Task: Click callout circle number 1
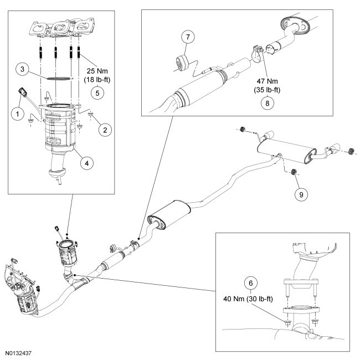[18, 114]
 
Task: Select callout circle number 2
[105, 130]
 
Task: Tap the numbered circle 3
[22, 69]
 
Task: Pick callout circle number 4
[87, 163]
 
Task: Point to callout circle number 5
[97, 93]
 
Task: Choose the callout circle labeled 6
[250, 283]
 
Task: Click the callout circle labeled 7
[188, 37]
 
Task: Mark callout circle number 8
[268, 103]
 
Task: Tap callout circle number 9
[301, 195]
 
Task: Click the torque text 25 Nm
[97, 71]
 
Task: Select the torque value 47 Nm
[268, 81]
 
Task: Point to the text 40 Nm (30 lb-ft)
[248, 299]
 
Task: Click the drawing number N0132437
[18, 353]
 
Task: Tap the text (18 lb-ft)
[97, 80]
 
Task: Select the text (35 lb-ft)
[268, 90]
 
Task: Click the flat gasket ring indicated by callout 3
[58, 79]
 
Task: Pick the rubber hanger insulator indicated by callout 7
[182, 62]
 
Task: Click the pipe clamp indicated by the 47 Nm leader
[257, 54]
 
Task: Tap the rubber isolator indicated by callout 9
[294, 172]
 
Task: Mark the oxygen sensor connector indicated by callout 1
[23, 91]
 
